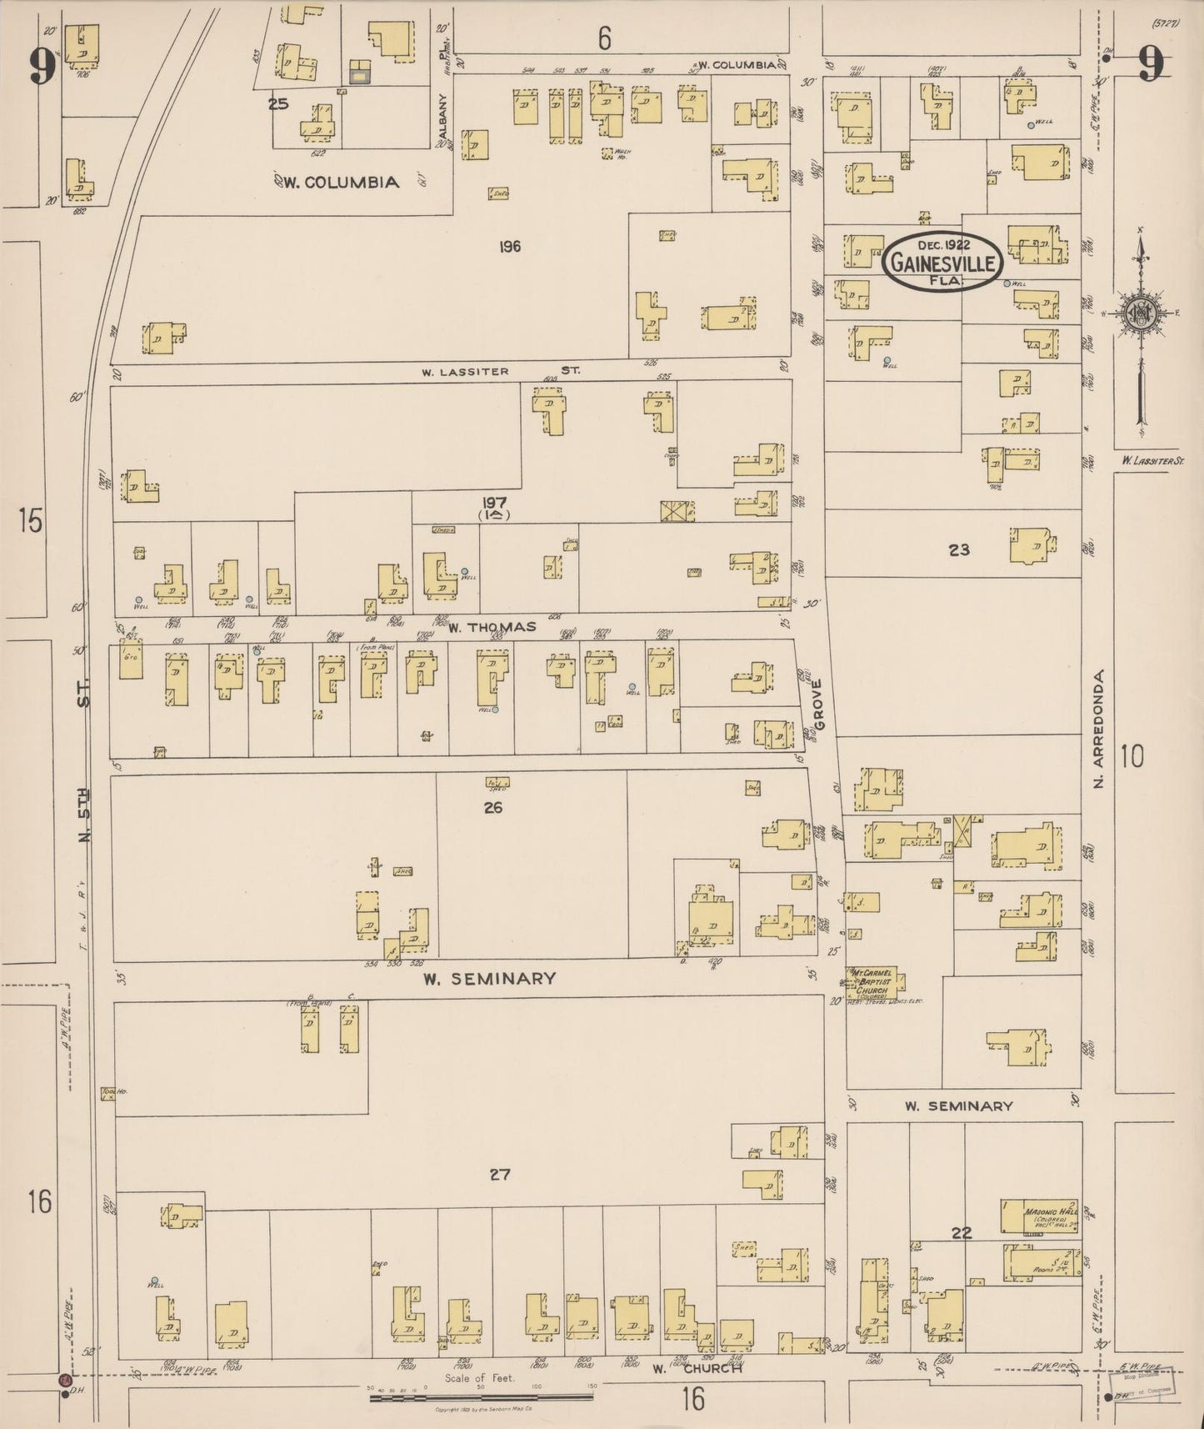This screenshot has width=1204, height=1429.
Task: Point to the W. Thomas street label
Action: point(492,627)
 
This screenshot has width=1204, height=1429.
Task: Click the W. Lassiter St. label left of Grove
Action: point(500,371)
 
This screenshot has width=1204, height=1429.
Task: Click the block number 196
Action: point(510,247)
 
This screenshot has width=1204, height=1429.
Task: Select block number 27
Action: point(499,1176)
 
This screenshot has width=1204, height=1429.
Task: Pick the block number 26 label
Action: point(493,807)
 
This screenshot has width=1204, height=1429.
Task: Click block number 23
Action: point(959,550)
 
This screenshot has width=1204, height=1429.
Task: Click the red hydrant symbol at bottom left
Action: point(64,1381)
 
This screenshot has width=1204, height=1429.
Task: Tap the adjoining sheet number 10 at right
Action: point(1132,757)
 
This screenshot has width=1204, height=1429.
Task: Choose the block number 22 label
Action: point(962,1233)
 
